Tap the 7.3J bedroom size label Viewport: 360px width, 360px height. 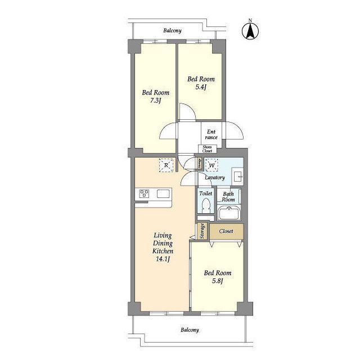(155, 100)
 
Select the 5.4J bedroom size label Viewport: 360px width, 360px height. (201, 87)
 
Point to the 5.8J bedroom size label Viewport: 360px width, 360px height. (218, 281)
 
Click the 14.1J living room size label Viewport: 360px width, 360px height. (163, 259)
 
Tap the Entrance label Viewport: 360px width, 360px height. (211, 134)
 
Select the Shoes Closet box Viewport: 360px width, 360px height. (208, 149)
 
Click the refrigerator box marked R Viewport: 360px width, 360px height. (166, 165)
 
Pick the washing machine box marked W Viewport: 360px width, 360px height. (211, 165)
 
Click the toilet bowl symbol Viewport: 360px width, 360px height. (205, 205)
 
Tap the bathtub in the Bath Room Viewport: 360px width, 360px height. (229, 213)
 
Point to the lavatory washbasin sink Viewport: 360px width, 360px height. (237, 176)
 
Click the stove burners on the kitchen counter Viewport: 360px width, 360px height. (144, 193)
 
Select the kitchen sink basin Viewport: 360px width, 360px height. (163, 193)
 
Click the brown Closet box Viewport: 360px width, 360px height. (227, 231)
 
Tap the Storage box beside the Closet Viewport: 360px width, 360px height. (202, 231)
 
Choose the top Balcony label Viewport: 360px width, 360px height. (172, 30)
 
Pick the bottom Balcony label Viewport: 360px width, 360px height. (190, 330)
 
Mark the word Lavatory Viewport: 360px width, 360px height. (215, 178)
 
